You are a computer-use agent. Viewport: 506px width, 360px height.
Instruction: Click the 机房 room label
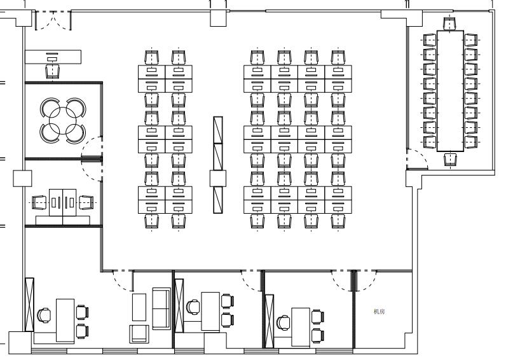tap(379, 312)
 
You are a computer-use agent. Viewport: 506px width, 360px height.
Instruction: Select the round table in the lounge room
tap(63, 121)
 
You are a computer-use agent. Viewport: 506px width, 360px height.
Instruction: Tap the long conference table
tap(450, 91)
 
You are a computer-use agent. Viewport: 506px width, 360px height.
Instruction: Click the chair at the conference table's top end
tap(450, 24)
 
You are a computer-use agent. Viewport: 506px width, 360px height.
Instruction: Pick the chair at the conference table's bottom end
tap(450, 159)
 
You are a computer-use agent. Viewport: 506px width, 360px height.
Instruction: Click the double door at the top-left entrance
tap(53, 20)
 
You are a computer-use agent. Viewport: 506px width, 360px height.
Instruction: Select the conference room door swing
tap(417, 159)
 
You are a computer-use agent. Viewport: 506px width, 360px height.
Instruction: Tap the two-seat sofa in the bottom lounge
tap(161, 308)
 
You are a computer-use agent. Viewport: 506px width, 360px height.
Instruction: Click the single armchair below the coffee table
tap(139, 334)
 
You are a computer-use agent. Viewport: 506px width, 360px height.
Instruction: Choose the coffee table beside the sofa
tap(139, 307)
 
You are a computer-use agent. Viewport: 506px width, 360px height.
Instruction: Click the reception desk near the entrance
tap(53, 57)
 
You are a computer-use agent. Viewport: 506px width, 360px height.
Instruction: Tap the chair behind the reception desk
tap(53, 71)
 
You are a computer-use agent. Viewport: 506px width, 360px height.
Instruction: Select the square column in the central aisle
tap(218, 179)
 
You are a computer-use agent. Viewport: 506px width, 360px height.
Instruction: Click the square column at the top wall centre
tap(219, 18)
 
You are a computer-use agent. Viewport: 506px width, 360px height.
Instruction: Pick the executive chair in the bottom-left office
tap(44, 315)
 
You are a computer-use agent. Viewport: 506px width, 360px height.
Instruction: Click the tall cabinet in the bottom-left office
tap(29, 305)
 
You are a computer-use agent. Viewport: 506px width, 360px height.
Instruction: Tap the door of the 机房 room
tap(366, 280)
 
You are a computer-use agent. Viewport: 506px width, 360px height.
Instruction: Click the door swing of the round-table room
tap(92, 158)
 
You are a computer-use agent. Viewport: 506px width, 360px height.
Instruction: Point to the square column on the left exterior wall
tap(23, 179)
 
